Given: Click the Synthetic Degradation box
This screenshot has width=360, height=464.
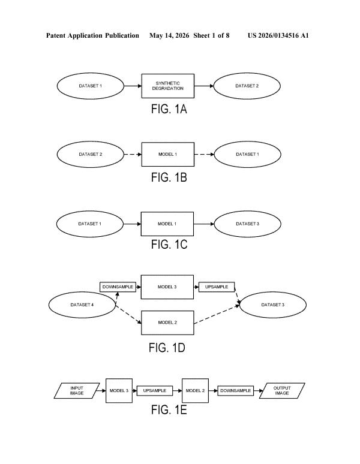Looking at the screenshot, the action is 168,86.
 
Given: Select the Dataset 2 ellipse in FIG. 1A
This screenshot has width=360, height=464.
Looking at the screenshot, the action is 247,86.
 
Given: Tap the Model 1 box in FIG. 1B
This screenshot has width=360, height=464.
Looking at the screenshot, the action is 168,154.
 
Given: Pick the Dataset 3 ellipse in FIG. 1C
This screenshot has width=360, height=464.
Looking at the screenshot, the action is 247,224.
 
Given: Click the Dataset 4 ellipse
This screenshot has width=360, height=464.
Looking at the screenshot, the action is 82,305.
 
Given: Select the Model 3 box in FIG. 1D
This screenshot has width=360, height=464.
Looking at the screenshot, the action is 167,287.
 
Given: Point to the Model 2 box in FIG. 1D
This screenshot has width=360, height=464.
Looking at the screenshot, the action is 167,323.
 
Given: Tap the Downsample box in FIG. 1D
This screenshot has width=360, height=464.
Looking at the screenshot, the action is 118,287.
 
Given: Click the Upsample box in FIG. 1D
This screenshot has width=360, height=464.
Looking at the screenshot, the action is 217,287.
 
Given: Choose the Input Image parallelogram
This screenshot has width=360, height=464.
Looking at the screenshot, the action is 77,391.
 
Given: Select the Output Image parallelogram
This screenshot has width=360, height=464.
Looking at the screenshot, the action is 282,391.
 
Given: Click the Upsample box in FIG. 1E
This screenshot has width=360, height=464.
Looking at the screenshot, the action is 155,391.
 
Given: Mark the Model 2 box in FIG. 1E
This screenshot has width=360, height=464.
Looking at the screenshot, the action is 195,391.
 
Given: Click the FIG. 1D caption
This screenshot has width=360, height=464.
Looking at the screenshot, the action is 167,348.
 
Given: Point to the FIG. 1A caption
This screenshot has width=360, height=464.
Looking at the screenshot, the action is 169,109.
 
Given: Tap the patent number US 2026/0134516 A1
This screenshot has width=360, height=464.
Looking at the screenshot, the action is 278,36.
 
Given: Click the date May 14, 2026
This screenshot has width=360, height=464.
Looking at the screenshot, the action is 169,36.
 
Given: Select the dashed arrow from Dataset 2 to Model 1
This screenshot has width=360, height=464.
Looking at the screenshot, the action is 133,154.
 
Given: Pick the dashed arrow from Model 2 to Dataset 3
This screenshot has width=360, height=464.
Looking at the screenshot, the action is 217,315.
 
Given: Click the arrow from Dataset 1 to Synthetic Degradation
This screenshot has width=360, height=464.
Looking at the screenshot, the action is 133,86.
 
